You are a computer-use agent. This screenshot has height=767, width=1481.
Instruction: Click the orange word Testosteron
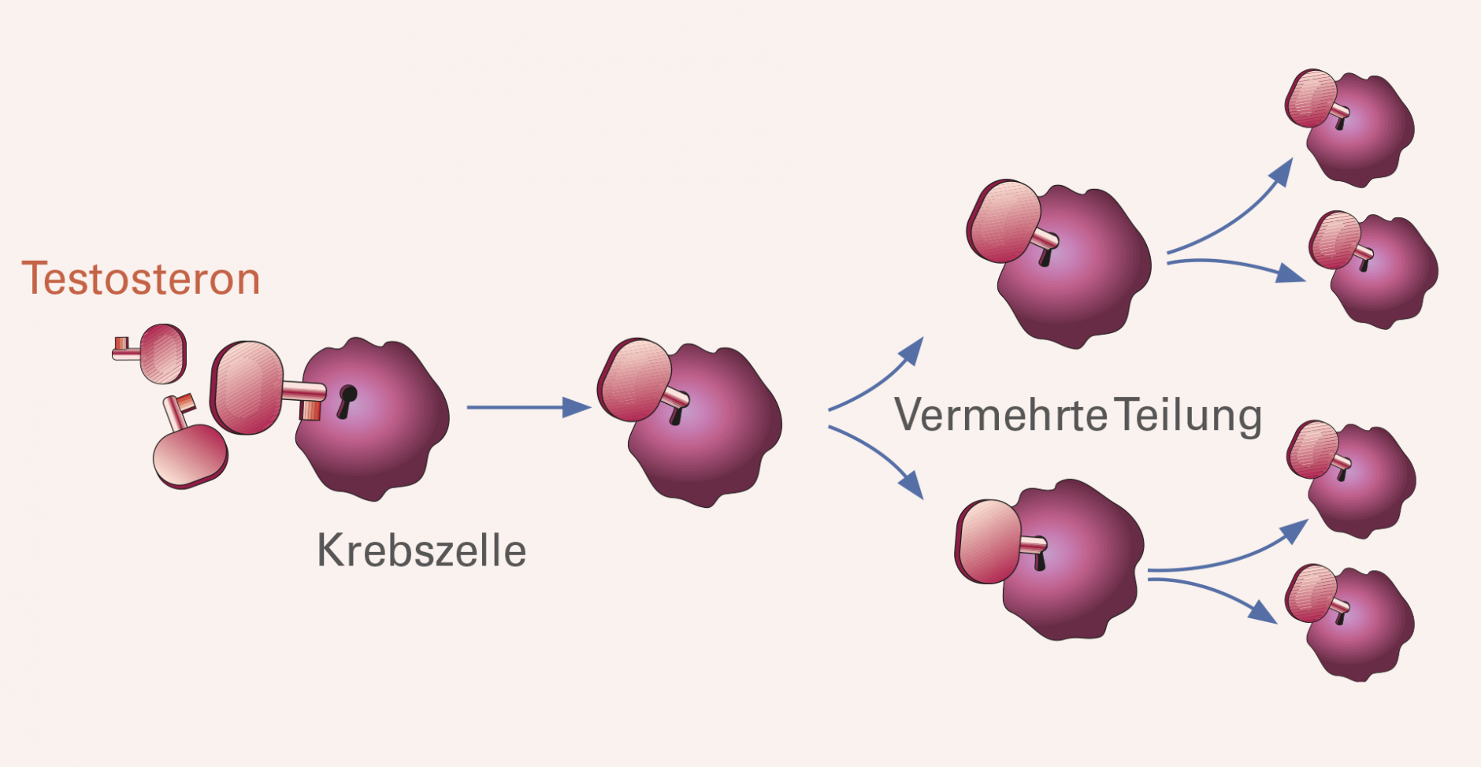tap(141, 279)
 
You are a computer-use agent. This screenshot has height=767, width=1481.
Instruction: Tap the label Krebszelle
tap(421, 550)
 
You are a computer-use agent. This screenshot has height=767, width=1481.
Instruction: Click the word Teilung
tap(1190, 416)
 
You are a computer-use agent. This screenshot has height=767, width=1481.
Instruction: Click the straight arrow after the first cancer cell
tap(529, 407)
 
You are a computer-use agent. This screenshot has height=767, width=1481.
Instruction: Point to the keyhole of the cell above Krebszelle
tap(347, 401)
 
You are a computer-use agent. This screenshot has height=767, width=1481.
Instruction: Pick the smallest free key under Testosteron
tap(150, 353)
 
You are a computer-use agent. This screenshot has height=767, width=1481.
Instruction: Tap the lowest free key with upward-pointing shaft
tap(190, 445)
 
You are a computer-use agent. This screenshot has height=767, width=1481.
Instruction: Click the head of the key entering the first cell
tap(247, 388)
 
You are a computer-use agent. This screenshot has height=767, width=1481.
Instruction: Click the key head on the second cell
tap(634, 380)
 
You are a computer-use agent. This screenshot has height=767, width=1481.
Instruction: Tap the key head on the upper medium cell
tap(1004, 221)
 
